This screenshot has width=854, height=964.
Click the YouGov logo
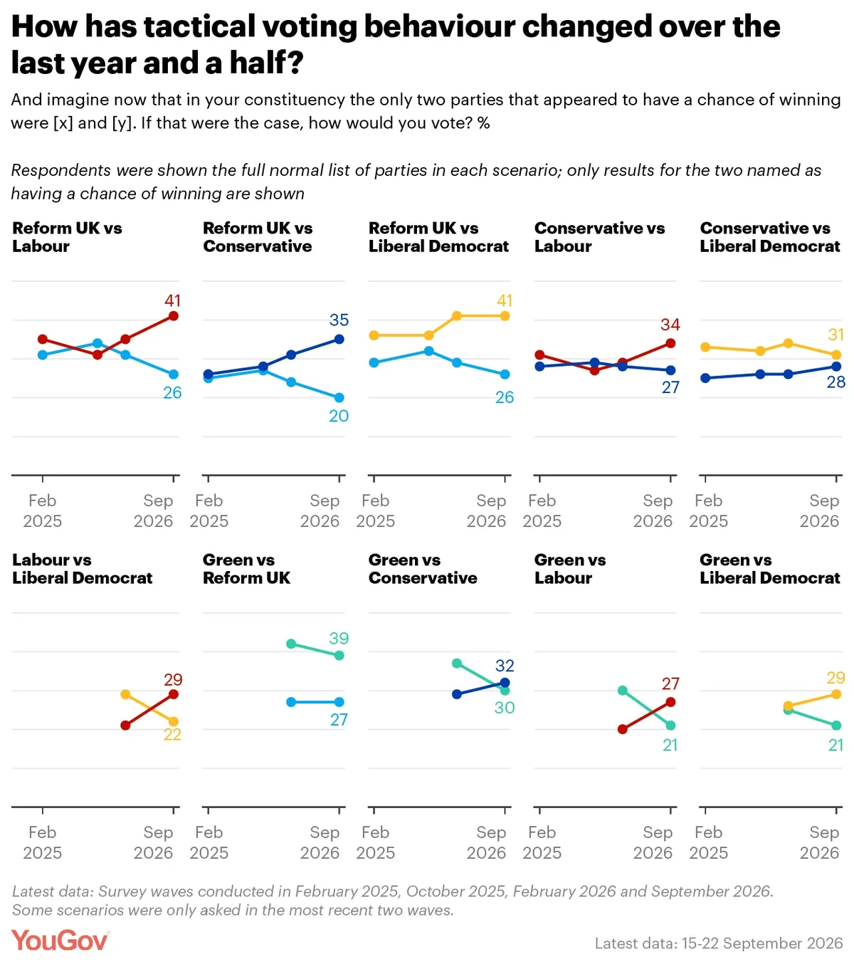[60, 941]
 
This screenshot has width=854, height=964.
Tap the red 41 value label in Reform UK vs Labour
[173, 300]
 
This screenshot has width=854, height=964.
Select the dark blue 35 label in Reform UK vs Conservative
[339, 320]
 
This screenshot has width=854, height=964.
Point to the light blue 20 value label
[339, 416]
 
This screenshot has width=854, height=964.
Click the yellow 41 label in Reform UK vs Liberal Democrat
[505, 300]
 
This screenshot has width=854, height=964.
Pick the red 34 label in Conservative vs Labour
[670, 325]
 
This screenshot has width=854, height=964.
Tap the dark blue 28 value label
[836, 382]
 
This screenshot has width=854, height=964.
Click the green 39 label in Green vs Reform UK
[339, 638]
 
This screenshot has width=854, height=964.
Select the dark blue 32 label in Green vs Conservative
[505, 665]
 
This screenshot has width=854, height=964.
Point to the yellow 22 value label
[173, 735]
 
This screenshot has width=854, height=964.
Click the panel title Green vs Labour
[570, 569]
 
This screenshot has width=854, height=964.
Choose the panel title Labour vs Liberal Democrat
[83, 569]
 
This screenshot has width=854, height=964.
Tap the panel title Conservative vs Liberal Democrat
[770, 237]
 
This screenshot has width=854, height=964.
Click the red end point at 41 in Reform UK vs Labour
[174, 316]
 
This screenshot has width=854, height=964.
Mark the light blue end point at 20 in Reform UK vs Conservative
[339, 398]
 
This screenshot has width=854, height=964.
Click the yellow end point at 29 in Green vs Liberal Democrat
[836, 694]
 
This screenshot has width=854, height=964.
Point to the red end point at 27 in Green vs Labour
[671, 702]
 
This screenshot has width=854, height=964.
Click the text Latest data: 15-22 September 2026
[718, 943]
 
